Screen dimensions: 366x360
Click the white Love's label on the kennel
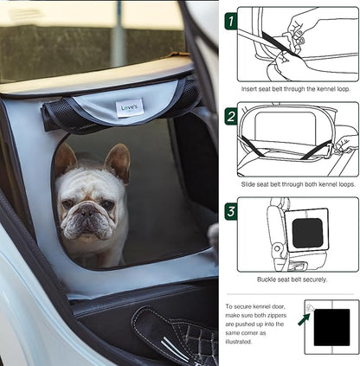coord(130,108)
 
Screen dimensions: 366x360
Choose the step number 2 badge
coord(231,115)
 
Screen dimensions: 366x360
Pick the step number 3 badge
coord(231,210)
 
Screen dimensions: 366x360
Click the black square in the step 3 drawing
coord(306,234)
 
